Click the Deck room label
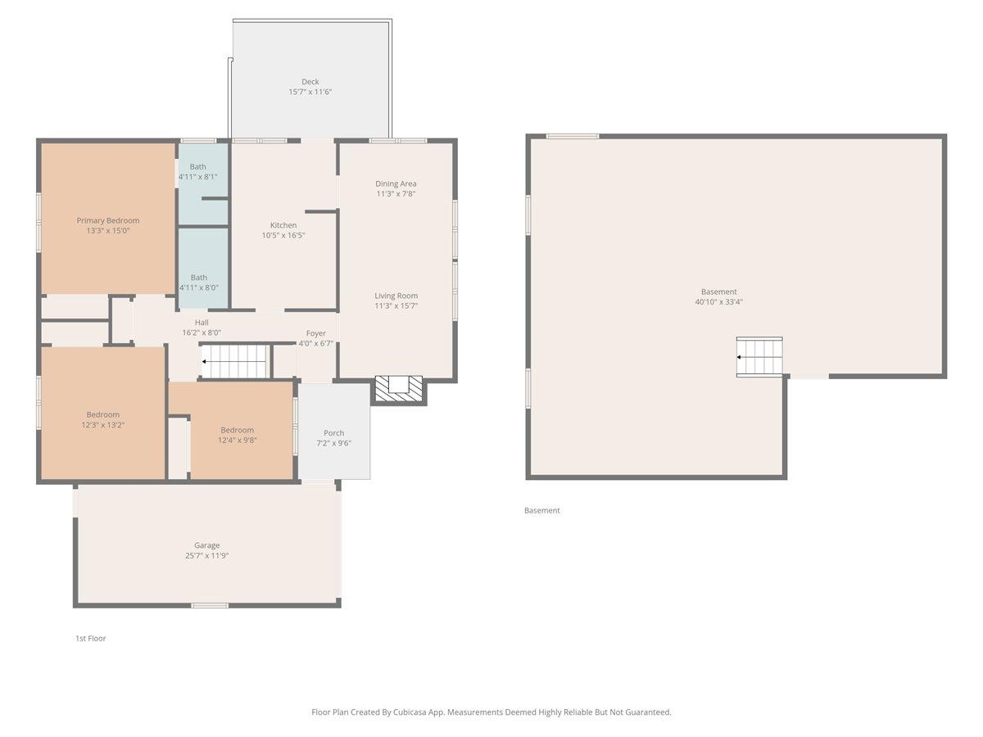click(x=310, y=81)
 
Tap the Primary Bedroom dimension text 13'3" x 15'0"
click(x=108, y=230)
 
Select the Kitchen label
click(x=283, y=225)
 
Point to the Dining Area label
click(x=396, y=183)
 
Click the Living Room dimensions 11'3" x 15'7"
click(x=396, y=305)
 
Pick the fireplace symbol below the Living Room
click(x=399, y=388)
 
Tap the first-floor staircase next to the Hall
click(x=236, y=361)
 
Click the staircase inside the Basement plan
click(x=759, y=357)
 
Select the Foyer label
click(x=315, y=333)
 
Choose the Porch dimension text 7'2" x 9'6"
click(x=333, y=443)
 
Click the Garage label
click(x=207, y=545)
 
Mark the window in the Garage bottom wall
click(x=210, y=605)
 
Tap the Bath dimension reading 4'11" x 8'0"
click(x=199, y=287)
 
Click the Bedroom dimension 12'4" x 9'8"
click(x=237, y=440)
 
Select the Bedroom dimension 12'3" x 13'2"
click(x=102, y=425)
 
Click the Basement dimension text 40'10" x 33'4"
click(x=718, y=301)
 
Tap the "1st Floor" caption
click(x=90, y=638)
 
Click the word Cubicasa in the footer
click(x=410, y=712)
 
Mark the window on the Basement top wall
click(x=573, y=136)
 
